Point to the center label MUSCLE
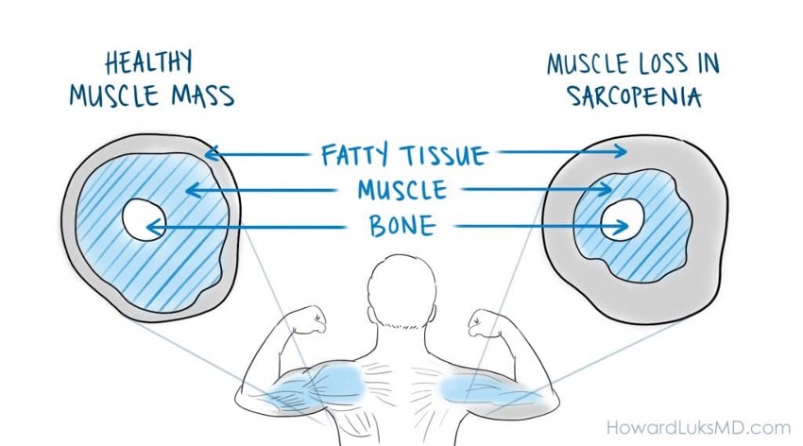[401, 190]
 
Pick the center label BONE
[402, 227]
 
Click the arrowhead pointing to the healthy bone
[152, 227]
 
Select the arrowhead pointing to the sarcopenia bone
[624, 226]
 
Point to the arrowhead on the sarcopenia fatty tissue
[623, 151]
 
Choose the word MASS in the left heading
[202, 96]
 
